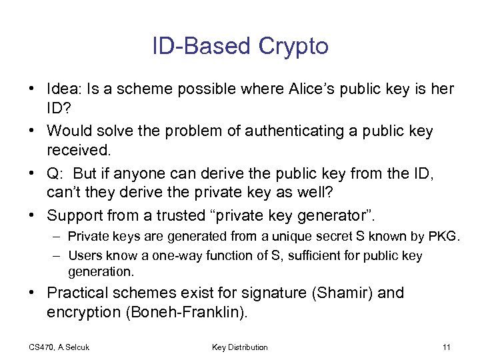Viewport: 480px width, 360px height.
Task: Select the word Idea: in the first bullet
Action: [65, 89]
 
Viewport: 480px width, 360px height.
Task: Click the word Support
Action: [75, 215]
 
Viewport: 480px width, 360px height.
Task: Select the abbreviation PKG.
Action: [445, 237]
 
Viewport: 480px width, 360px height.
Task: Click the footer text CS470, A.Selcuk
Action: [59, 347]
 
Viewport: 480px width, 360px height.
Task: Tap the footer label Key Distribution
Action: [240, 347]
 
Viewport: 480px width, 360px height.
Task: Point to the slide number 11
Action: [446, 347]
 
